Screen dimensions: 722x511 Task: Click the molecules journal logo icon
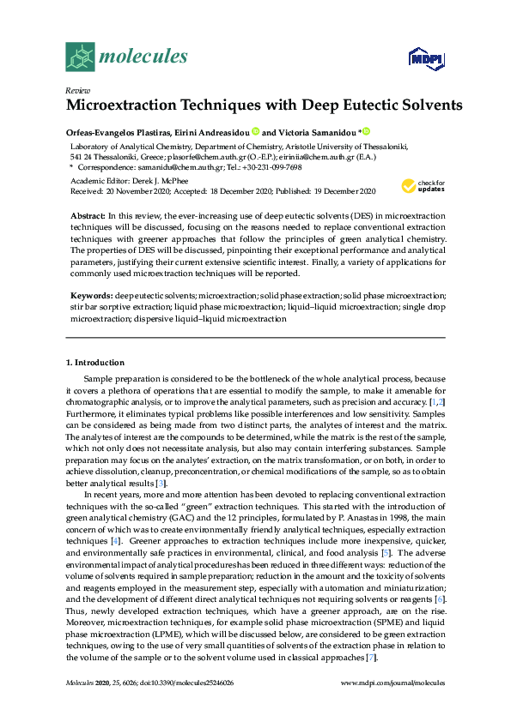coord(81,57)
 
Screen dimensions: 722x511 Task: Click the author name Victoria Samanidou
coord(317,132)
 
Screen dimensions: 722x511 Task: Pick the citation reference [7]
coord(370,657)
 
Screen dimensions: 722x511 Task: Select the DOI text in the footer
coord(195,683)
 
